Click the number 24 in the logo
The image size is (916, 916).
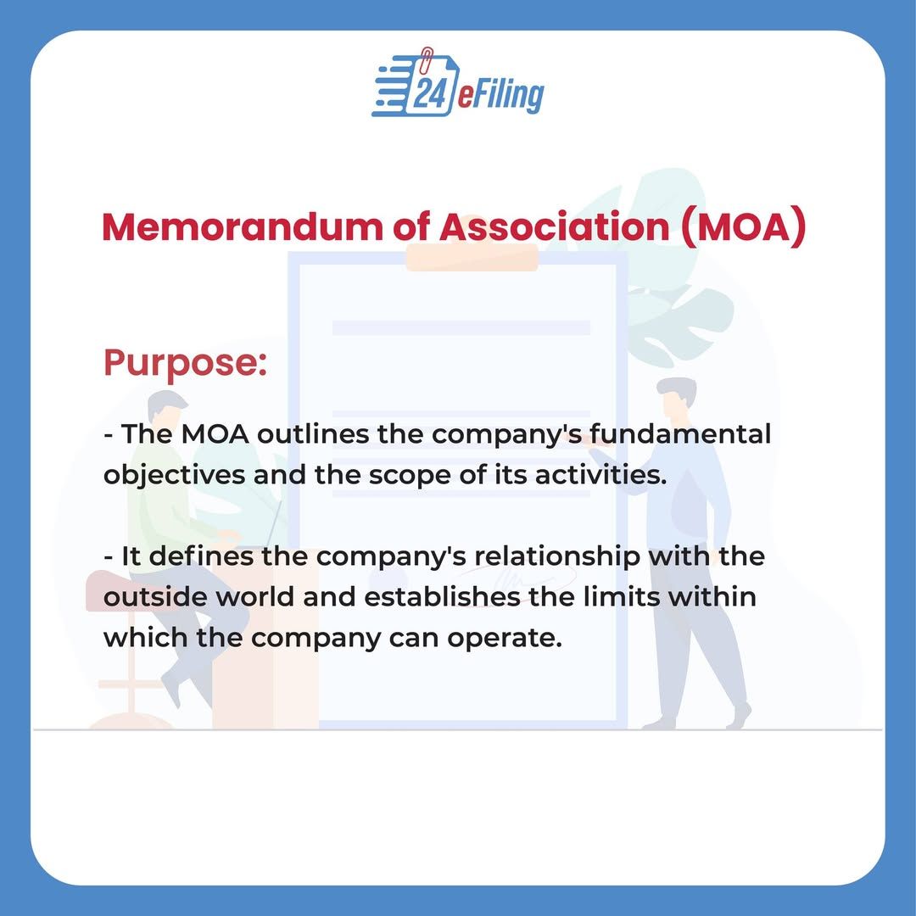click(428, 93)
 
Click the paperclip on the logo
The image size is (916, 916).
click(427, 58)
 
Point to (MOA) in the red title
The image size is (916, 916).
click(744, 228)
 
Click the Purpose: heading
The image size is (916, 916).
click(186, 363)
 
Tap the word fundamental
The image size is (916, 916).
click(680, 434)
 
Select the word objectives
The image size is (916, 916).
click(174, 475)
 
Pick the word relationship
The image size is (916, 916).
click(556, 556)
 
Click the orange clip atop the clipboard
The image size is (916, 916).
click(472, 258)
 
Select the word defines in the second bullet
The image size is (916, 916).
click(201, 556)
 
